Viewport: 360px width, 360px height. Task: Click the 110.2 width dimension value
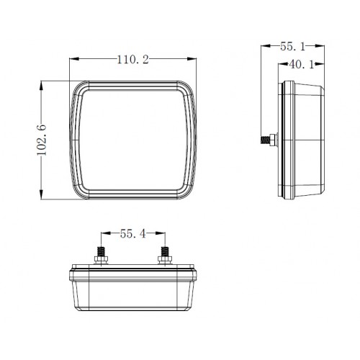132,60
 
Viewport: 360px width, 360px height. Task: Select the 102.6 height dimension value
42,140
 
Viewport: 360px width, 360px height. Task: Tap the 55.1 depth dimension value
292,46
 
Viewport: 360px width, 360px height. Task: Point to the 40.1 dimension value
302,64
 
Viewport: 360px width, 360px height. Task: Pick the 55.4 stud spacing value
133,233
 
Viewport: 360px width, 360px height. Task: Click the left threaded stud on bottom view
101,252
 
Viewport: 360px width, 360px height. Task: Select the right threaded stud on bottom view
165,252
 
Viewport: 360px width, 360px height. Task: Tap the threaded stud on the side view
265,140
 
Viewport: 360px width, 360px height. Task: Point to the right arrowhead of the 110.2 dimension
192,59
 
